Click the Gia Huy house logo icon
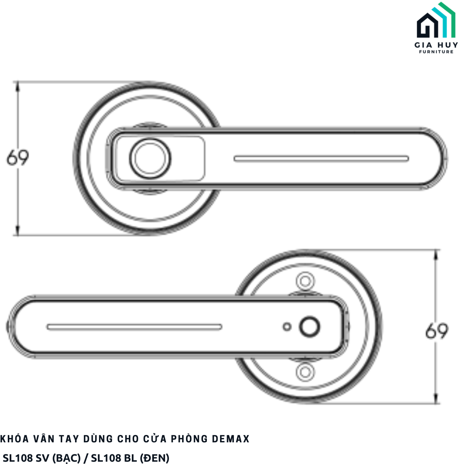(x=436, y=21)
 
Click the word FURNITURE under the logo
(x=436, y=52)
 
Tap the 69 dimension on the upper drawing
(x=18, y=158)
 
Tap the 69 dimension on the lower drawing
(x=437, y=331)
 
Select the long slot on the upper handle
(x=321, y=159)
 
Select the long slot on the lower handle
(x=134, y=327)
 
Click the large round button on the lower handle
(x=310, y=327)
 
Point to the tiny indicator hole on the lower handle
(x=287, y=327)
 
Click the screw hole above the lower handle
(x=305, y=281)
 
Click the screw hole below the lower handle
(x=305, y=372)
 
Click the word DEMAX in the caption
(x=230, y=439)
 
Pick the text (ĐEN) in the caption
(x=155, y=458)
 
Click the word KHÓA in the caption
(x=15, y=439)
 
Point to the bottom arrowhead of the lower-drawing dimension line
(x=437, y=399)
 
